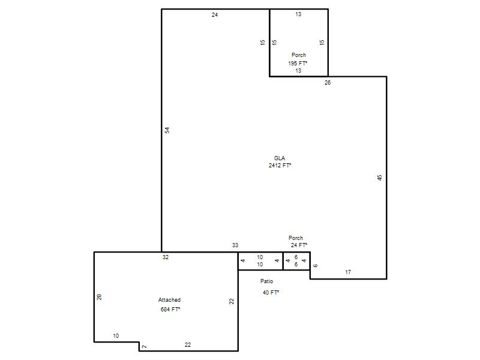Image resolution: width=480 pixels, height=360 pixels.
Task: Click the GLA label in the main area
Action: (280, 158)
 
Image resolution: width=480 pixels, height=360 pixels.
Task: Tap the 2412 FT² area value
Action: (280, 166)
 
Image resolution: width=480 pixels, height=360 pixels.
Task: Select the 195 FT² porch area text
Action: (298, 64)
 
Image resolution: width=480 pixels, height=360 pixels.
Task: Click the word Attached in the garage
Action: (169, 299)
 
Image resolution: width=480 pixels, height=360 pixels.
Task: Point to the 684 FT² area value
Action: (170, 309)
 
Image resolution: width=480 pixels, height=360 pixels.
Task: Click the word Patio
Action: (266, 281)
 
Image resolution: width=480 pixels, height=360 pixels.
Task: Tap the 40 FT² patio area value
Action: (271, 292)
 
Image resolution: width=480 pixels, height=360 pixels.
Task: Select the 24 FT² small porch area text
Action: (299, 245)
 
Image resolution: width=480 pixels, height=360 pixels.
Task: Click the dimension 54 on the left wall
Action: (167, 130)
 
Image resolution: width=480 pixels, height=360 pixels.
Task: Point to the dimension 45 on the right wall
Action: (380, 178)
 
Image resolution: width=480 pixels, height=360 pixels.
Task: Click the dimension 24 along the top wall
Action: (215, 14)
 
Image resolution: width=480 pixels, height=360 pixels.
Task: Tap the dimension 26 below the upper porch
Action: (328, 82)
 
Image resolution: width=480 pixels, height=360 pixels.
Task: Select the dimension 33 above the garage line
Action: (235, 245)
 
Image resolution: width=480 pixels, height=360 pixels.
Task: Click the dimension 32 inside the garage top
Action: (166, 257)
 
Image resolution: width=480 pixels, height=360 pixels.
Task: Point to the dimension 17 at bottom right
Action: (348, 272)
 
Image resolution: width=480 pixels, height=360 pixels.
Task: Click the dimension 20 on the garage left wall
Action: (99, 297)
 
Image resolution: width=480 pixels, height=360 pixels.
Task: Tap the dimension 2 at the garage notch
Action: (145, 347)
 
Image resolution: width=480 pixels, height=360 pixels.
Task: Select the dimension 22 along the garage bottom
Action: (188, 344)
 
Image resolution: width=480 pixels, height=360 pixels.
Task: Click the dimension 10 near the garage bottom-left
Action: (116, 336)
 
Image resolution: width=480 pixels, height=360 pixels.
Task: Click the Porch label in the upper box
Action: (299, 55)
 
